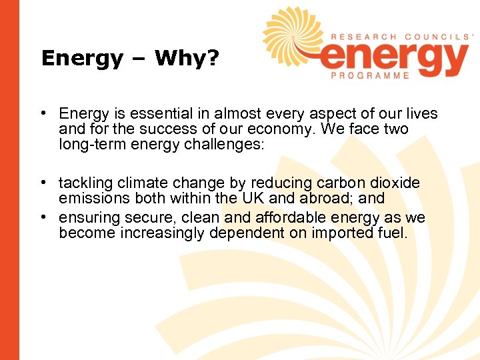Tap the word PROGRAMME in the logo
370,76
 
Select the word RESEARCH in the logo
361,37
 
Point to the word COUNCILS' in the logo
438,37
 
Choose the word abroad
329,199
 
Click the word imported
323,233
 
